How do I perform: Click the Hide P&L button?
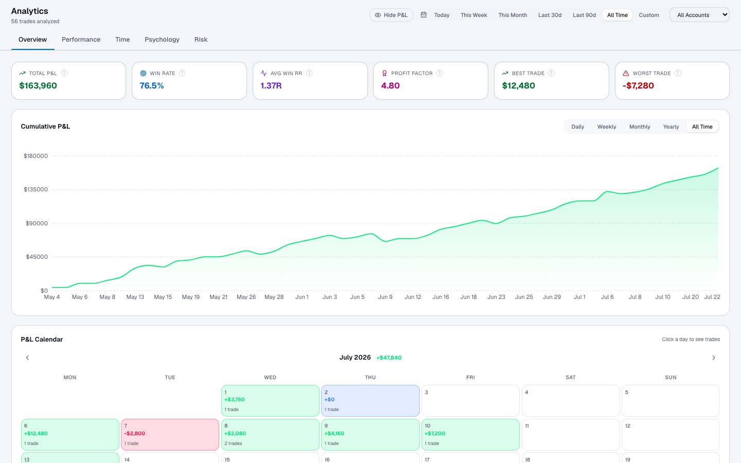(391, 15)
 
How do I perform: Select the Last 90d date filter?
(584, 15)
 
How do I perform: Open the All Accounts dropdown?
(699, 15)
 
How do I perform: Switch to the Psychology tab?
(162, 39)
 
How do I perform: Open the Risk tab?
(201, 39)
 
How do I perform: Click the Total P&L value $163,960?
(38, 85)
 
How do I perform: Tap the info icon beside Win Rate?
(182, 73)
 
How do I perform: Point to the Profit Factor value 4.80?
(391, 85)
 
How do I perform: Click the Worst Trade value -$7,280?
(638, 85)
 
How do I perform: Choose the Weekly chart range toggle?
(607, 127)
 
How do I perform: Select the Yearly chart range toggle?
(671, 127)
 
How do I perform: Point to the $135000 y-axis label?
(36, 189)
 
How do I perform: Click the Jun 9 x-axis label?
(385, 297)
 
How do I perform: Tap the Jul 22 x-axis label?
(712, 297)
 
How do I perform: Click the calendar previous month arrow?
(27, 358)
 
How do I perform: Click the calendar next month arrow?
(714, 358)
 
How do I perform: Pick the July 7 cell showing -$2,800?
(170, 435)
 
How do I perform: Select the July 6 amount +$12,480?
(36, 433)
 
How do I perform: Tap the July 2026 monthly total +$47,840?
(389, 358)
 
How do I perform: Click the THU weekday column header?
(370, 378)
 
